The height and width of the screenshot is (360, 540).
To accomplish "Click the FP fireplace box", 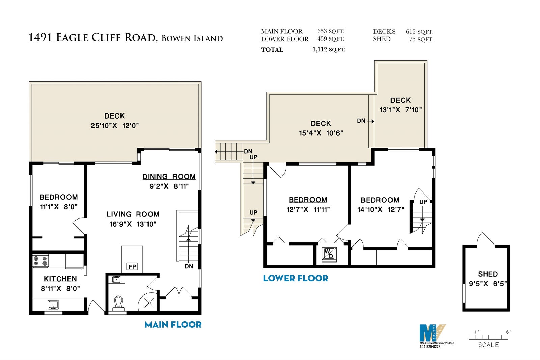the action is (x=132, y=266).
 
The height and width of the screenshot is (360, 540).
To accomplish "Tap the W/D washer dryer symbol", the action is (x=329, y=254).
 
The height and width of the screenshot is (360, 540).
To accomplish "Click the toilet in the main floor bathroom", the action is (x=118, y=304).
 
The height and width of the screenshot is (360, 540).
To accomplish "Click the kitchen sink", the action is (x=53, y=305).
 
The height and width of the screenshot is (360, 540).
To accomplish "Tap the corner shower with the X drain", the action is (x=147, y=302).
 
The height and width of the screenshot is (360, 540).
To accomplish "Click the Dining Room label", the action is (x=169, y=177).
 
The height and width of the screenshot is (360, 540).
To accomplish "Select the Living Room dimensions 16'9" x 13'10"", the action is (x=133, y=224).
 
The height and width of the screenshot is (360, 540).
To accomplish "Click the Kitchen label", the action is (x=60, y=279).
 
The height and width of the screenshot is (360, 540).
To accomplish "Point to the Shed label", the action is (x=488, y=274).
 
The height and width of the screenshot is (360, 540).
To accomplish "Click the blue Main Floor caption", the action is (x=173, y=325).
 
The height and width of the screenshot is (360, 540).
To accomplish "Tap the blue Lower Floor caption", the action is (x=296, y=278).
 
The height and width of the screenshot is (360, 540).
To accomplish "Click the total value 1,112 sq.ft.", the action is (x=329, y=49).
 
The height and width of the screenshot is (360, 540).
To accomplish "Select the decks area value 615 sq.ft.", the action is (x=419, y=32).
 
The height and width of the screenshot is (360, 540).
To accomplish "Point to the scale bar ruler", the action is (x=488, y=337).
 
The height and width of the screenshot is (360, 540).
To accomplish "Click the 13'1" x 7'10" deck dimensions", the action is (x=401, y=110).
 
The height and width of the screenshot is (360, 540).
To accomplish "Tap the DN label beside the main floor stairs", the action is (x=189, y=266).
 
